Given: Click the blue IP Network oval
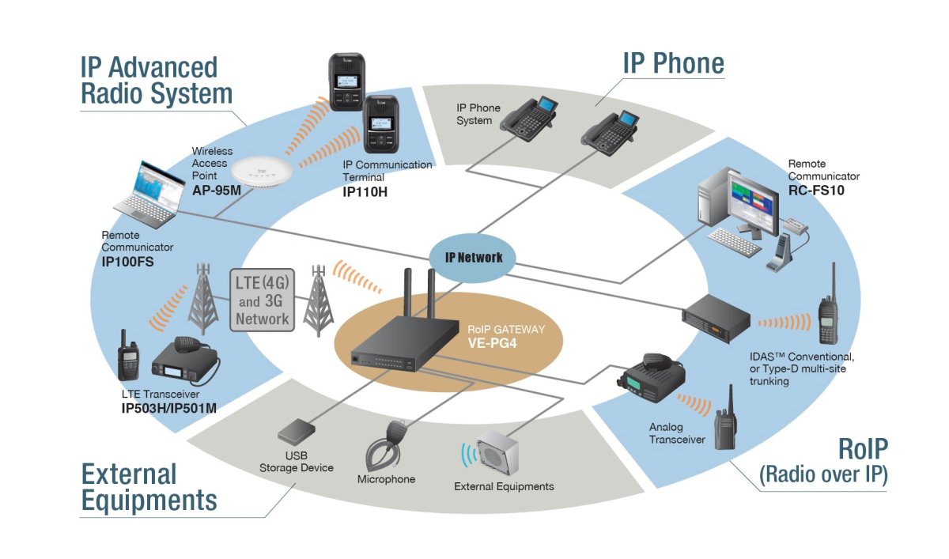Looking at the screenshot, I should pos(472,258).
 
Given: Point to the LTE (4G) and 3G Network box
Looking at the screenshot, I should pos(263,300).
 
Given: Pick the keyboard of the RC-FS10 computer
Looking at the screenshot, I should pos(735,238).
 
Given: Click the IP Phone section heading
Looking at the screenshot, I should pos(673,63).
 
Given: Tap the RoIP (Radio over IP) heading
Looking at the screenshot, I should pos(824,462).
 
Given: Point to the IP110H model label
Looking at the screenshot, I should pos(365,192).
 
